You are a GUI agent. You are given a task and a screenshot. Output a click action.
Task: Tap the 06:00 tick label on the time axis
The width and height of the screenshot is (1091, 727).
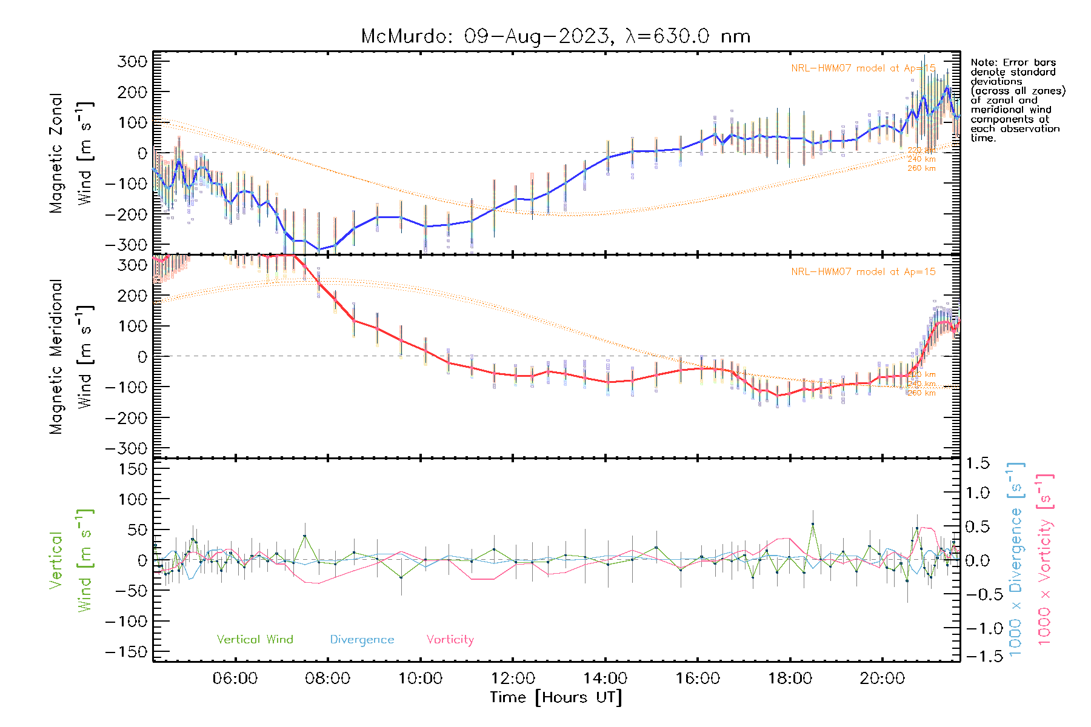pos(235,679)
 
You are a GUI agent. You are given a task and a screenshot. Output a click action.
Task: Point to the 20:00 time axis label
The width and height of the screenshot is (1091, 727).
pos(882,679)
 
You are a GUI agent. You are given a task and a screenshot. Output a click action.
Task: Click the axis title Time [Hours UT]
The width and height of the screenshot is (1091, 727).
pos(556,697)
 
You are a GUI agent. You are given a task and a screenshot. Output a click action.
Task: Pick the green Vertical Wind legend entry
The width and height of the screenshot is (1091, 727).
pos(255,639)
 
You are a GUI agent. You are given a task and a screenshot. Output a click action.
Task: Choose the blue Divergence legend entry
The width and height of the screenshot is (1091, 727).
pos(362,639)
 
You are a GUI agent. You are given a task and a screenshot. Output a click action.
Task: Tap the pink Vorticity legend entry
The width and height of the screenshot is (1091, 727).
pos(450,639)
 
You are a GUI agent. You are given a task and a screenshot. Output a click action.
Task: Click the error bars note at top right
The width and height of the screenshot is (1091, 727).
pos(1017,100)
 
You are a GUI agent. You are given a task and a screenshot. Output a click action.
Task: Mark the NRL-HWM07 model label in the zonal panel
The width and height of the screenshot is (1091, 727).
pos(863,68)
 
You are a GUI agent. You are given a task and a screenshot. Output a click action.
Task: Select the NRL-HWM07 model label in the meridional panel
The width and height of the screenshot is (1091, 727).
pos(863,271)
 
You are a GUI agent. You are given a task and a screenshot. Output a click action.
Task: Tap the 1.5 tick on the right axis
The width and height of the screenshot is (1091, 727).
pos(978,463)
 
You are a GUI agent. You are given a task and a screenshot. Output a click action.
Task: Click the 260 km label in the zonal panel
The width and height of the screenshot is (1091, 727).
pos(921,168)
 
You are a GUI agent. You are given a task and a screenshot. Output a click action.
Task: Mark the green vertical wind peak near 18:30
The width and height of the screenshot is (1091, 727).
pos(813,524)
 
